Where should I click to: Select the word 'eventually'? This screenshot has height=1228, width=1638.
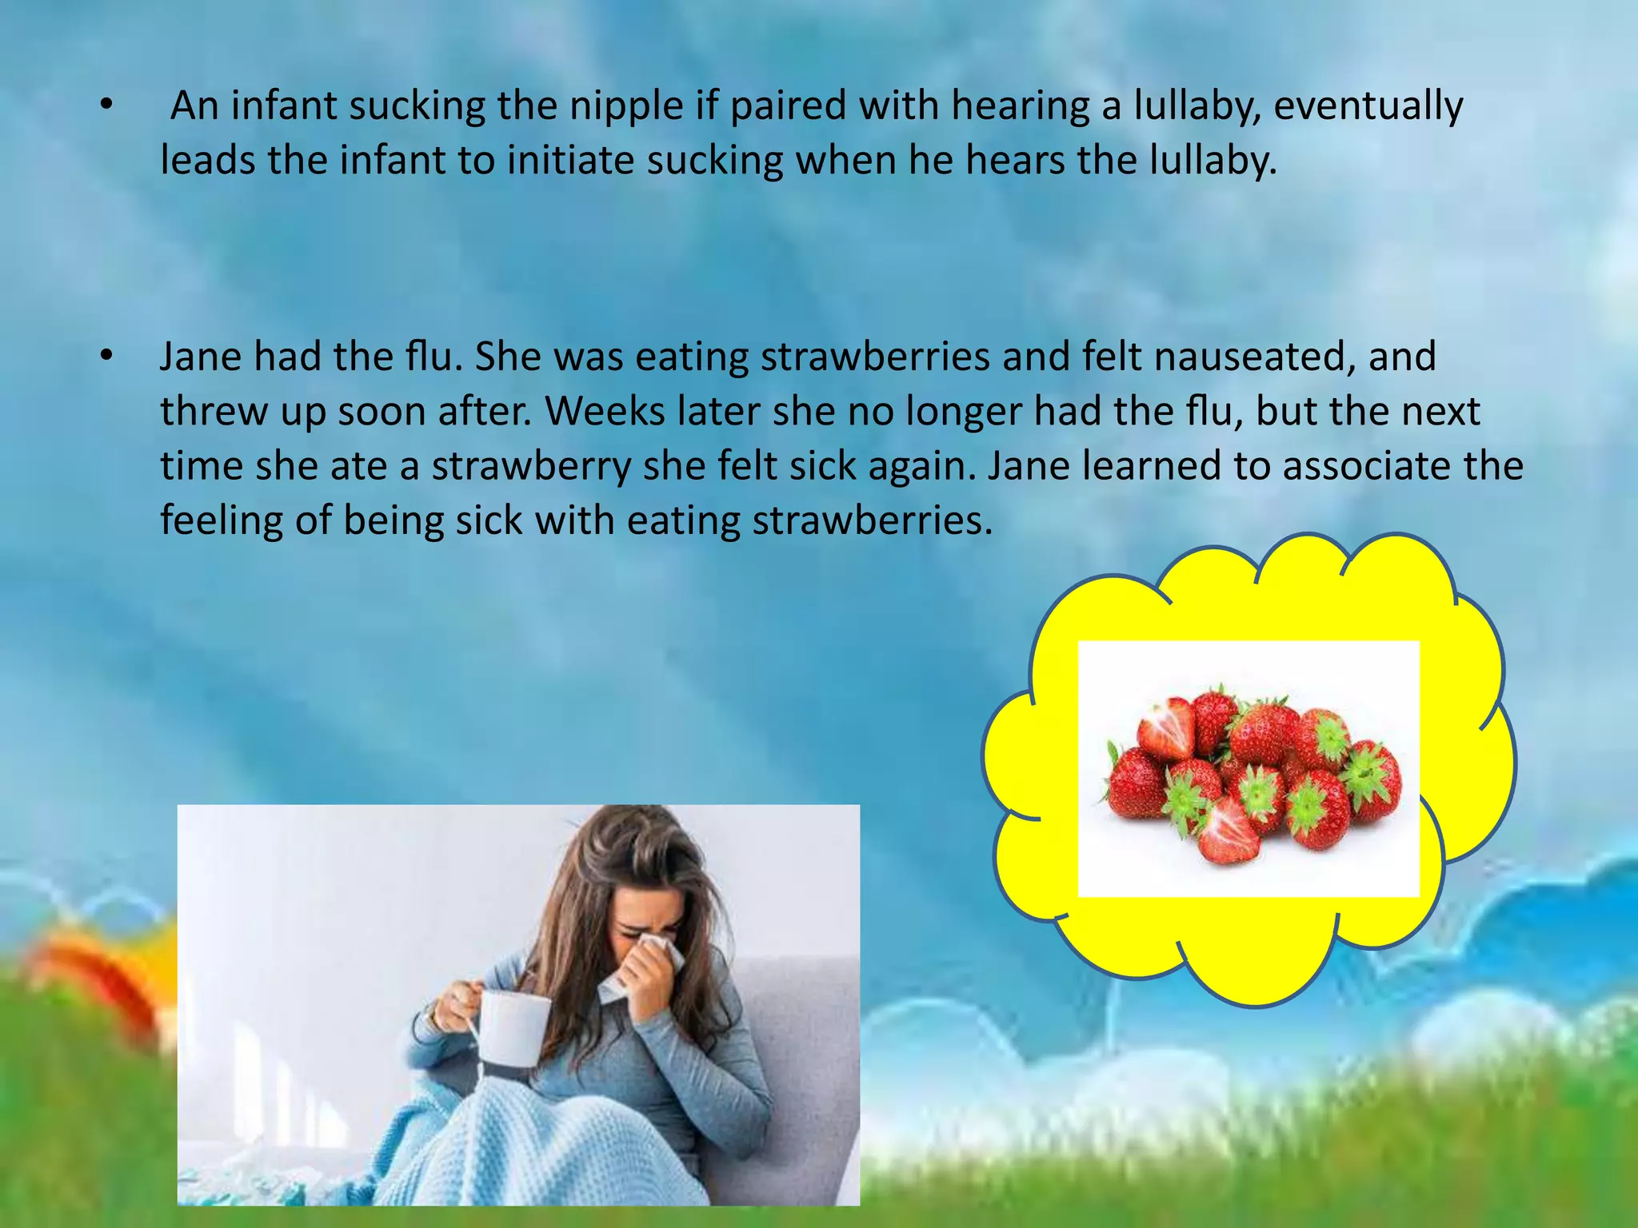point(1368,107)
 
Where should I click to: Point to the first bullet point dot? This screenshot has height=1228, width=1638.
point(107,105)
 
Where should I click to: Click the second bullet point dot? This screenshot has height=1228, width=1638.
point(107,357)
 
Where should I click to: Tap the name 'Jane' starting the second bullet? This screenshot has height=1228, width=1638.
point(200,357)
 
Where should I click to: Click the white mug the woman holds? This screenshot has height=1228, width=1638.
point(515,1027)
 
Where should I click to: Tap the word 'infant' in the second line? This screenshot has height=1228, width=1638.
point(392,161)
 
